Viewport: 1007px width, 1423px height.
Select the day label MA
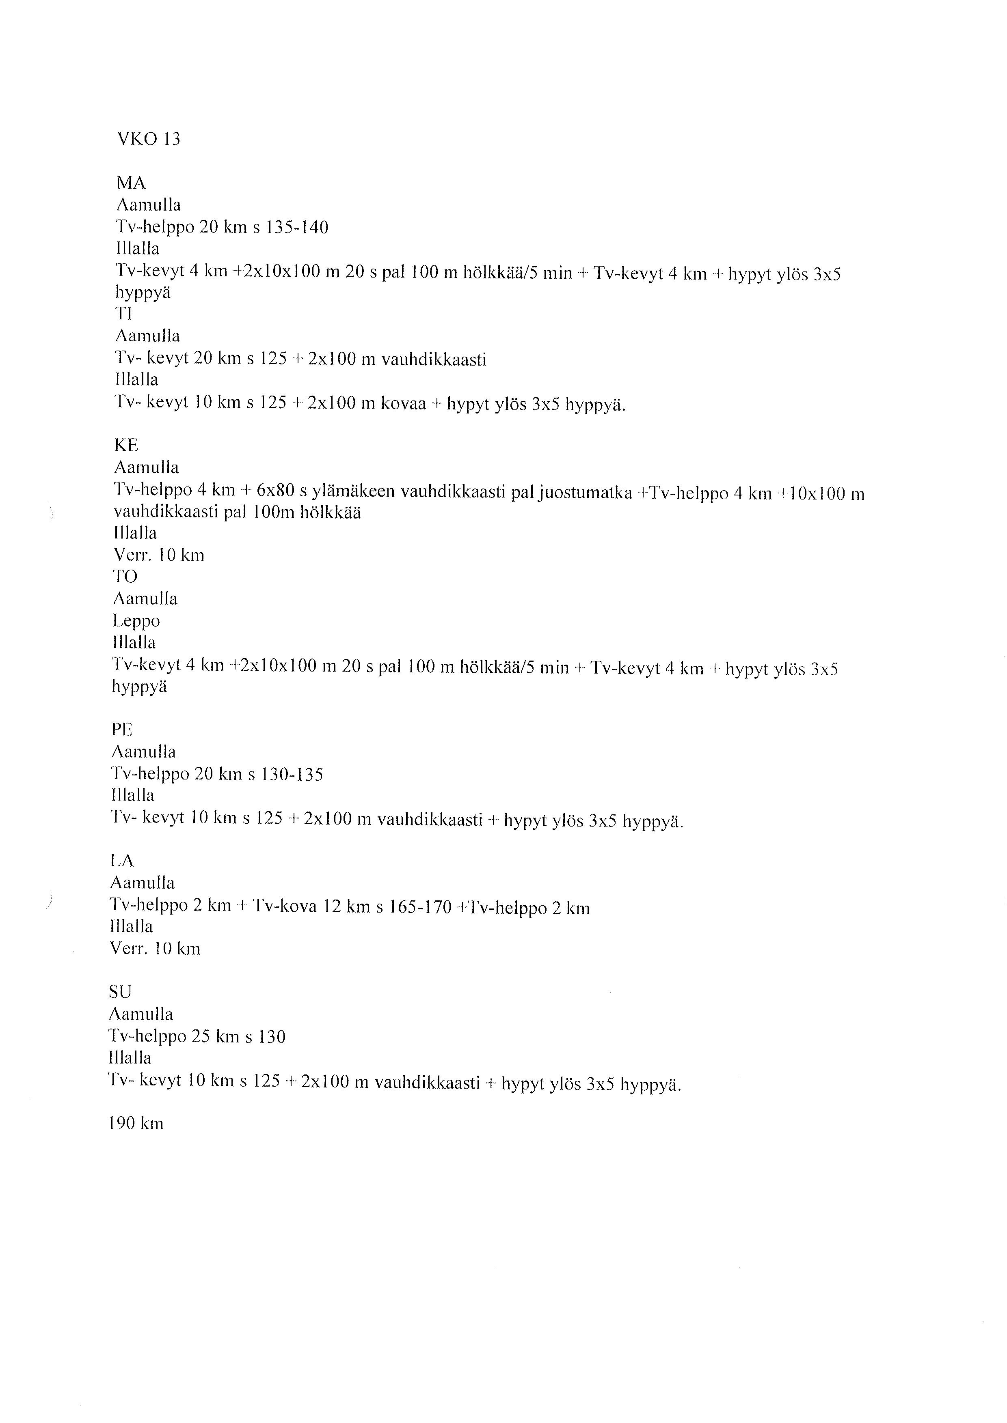coord(131,183)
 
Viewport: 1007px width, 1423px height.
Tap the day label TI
coord(124,314)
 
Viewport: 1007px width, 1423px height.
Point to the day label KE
coord(127,445)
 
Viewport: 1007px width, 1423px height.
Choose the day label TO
coord(125,577)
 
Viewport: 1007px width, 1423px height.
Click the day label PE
coord(122,730)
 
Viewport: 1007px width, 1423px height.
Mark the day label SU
coord(120,992)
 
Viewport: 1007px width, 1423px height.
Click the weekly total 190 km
coord(136,1123)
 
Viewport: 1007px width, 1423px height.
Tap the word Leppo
coord(136,621)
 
